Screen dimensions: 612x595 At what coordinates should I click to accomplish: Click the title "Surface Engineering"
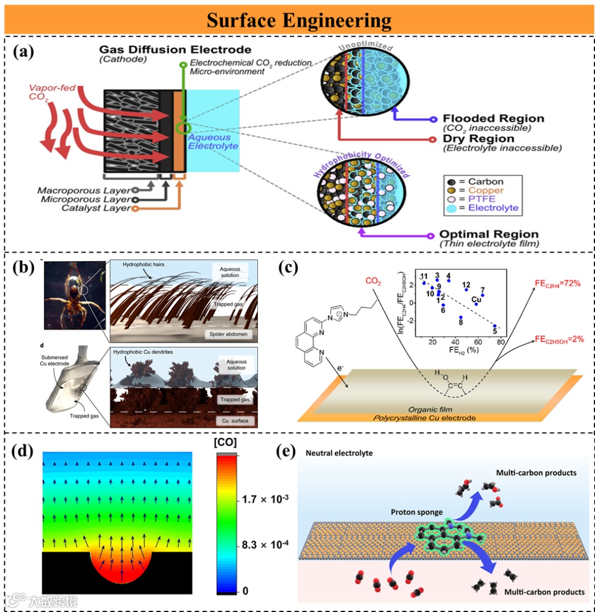pyautogui.click(x=299, y=21)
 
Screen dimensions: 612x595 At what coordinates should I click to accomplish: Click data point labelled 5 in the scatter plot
pyautogui.click(x=495, y=326)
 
